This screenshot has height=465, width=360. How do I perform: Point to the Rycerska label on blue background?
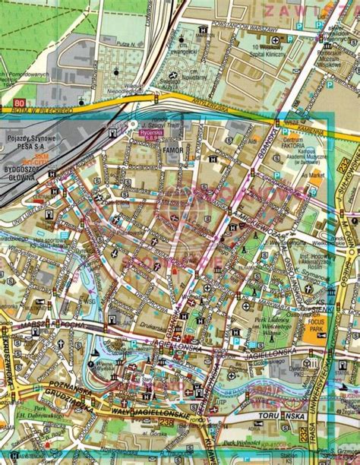(151, 132)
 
